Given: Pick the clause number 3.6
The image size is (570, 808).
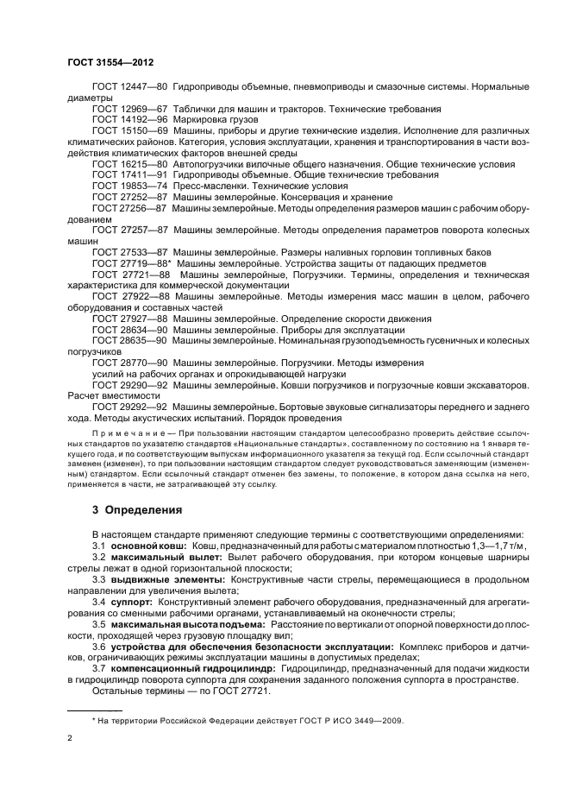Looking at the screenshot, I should [99, 645].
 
